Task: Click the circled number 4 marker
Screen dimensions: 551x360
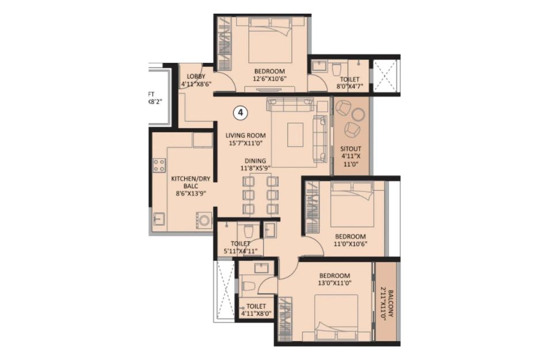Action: click(240, 113)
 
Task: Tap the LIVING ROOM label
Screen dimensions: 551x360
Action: click(246, 135)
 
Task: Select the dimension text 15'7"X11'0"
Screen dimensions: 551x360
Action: click(246, 143)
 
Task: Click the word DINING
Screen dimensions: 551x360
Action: click(256, 161)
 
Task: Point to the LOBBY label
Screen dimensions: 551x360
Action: click(196, 76)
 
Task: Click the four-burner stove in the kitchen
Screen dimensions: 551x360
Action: click(159, 165)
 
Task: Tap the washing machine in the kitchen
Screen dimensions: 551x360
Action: click(204, 220)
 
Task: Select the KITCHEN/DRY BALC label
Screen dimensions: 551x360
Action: click(191, 182)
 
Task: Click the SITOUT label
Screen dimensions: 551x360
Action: click(351, 149)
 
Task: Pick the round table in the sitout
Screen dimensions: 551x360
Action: click(359, 115)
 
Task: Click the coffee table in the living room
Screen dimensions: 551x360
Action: click(295, 135)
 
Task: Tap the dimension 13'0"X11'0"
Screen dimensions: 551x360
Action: click(335, 282)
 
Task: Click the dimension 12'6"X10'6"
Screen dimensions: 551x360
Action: click(269, 79)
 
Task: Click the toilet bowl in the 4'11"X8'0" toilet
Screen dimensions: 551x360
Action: click(248, 285)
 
